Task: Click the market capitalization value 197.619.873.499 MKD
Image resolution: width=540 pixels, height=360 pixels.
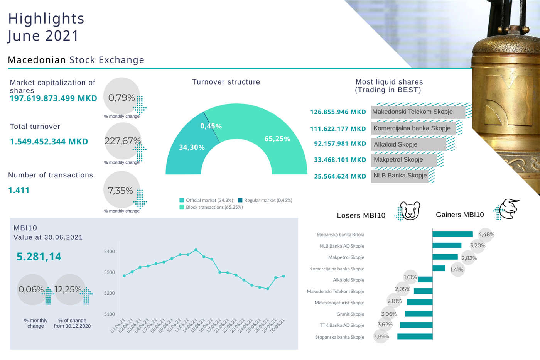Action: [x=53, y=98]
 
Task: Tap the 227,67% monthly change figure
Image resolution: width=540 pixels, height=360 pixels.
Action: [x=122, y=141]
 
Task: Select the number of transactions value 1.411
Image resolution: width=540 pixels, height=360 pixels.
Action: [x=19, y=190]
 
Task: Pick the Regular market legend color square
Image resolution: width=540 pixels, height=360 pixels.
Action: [x=240, y=200]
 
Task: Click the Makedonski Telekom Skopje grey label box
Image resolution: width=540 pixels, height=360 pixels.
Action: [x=412, y=112]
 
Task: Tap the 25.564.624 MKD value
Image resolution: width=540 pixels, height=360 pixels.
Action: [x=340, y=176]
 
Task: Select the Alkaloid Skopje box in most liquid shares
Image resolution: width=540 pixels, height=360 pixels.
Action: [x=408, y=144]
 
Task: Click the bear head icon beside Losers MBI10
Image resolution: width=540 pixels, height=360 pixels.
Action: [x=410, y=211]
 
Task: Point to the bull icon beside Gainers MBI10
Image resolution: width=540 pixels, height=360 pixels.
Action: [x=509, y=209]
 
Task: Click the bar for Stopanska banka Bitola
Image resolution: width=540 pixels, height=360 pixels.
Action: [x=452, y=234]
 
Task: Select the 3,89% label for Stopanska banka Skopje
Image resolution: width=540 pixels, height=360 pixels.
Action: [x=381, y=336]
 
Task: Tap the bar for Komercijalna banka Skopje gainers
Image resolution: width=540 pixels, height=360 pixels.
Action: [x=439, y=269]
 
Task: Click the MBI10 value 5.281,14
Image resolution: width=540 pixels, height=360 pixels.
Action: [x=39, y=257]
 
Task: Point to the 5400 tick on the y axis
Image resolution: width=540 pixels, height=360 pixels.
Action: [x=110, y=252]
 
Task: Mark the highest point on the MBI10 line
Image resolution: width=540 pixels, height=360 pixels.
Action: [x=196, y=250]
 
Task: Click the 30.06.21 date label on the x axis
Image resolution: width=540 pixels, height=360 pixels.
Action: [x=278, y=325]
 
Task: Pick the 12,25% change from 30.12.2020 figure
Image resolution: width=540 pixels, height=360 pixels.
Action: [x=68, y=289]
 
